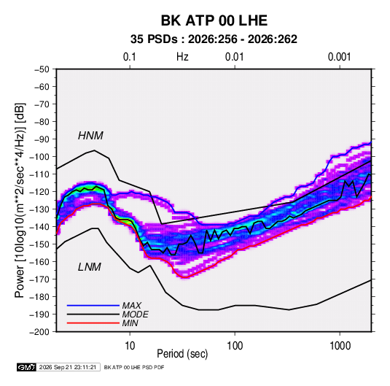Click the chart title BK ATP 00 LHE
[214, 20]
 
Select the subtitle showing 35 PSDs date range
[214, 39]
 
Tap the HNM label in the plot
[90, 136]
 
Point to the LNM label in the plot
[90, 267]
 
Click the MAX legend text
[132, 306]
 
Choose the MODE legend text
[136, 314]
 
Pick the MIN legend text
[130, 323]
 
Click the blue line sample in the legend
[93, 306]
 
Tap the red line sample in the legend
[93, 323]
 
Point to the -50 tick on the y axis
[42, 69]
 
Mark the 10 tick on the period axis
[130, 346]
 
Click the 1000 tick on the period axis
[340, 346]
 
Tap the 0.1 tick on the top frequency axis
[130, 57]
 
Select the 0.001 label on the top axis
[340, 57]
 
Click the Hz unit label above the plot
[182, 57]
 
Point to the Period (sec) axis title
[182, 354]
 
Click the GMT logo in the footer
[27, 367]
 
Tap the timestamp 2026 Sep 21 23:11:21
[68, 367]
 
